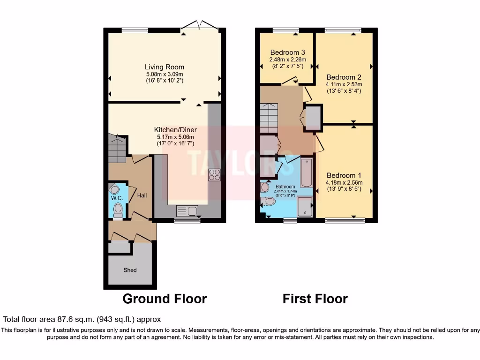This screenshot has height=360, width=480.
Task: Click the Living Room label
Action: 164,67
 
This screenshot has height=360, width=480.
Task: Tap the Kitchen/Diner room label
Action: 175,130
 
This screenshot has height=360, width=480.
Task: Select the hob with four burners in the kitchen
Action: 214,174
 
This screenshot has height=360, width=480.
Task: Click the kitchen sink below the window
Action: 187,211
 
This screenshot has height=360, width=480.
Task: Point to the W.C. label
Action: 117,198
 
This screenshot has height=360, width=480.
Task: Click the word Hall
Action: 142,195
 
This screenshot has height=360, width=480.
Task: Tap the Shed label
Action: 130,270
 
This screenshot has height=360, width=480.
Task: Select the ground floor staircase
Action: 117,148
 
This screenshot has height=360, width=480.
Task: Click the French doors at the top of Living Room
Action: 200,26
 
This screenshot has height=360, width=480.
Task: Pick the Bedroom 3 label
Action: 287,52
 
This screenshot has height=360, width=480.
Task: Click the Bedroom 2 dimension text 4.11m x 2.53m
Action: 344,84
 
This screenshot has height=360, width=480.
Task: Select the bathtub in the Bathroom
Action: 307,172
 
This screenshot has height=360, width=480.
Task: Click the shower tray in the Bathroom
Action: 305,207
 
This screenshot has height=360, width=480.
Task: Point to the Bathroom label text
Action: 285,186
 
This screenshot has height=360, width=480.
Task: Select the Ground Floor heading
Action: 165,299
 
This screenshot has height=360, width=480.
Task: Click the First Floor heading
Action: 315,299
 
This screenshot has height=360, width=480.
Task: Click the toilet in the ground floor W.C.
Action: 118,209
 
